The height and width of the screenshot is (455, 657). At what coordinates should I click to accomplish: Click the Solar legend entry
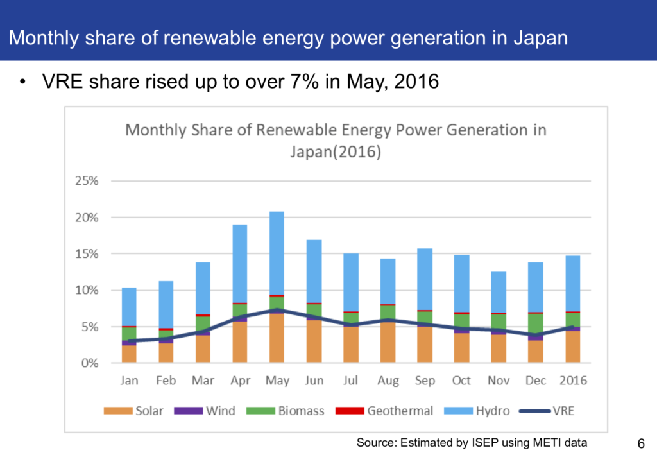coord(134,411)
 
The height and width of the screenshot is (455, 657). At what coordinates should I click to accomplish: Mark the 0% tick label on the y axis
coord(88,363)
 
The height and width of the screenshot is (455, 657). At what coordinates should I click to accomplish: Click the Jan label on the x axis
coord(129,381)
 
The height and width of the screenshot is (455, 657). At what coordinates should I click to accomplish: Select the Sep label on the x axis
coord(425,381)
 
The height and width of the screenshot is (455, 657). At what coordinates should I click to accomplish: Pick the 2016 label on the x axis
coord(572,381)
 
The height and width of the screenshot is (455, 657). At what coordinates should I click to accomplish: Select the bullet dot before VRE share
coord(23,82)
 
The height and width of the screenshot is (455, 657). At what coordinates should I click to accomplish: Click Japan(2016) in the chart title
coord(336,152)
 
